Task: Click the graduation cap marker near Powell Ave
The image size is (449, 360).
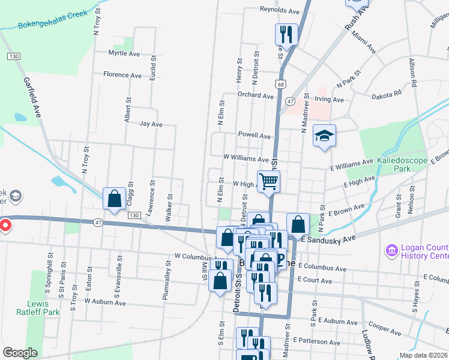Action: (x=324, y=137)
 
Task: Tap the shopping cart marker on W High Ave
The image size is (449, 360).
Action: (x=269, y=181)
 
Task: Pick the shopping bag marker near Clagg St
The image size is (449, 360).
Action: (x=114, y=199)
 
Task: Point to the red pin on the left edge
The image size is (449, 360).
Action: (x=5, y=226)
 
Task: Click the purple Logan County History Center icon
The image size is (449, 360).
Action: (x=391, y=249)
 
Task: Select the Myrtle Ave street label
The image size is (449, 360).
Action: (x=124, y=53)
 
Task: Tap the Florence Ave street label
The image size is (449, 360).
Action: (x=122, y=75)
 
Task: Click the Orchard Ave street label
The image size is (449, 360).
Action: (x=255, y=95)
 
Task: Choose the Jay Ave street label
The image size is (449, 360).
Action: (x=151, y=125)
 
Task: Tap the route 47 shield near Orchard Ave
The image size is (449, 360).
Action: (x=290, y=102)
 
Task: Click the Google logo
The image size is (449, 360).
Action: (x=20, y=353)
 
